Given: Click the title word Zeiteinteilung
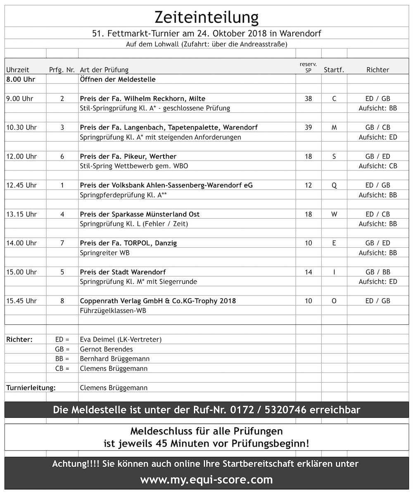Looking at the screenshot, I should coord(206,17).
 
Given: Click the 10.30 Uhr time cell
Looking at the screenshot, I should coord(21,128).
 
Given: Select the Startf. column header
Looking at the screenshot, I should coord(334,70).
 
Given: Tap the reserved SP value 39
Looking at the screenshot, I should coord(308,128).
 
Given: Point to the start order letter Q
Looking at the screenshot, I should coord(334,185).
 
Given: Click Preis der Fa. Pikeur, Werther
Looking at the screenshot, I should coord(128,156).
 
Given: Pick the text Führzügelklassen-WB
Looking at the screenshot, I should coord(113,310).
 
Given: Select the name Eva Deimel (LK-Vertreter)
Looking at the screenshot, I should coord(121,340).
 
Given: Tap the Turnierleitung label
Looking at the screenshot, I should coord(31,388).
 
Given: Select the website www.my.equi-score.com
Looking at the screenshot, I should coord(206,480).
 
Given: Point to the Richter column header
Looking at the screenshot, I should coord(377,70).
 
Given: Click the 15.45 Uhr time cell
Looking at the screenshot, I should coord(21,301).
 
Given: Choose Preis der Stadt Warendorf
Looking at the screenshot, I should coord(123,272).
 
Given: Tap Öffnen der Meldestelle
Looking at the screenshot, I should coord(118,79).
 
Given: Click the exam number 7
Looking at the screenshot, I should coord(62,243).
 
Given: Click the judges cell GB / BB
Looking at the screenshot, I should coord(377,272).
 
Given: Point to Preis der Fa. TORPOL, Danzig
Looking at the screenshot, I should coord(128,243).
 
